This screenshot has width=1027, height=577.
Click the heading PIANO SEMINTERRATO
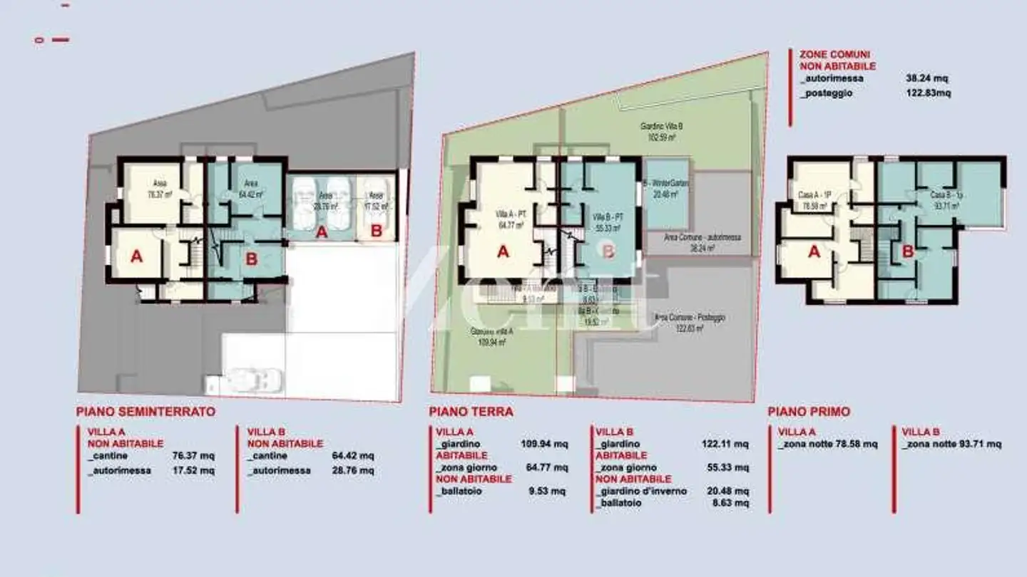pyautogui.click(x=145, y=412)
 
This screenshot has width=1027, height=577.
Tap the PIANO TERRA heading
pyautogui.click(x=471, y=412)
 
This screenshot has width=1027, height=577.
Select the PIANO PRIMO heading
pyautogui.click(x=809, y=412)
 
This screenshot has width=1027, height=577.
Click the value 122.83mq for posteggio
pyautogui.click(x=928, y=93)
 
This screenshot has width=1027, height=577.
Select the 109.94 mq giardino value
pyautogui.click(x=545, y=445)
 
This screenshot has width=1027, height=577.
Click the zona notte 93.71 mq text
pyautogui.click(x=951, y=444)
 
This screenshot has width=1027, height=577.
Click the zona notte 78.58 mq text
pyautogui.click(x=828, y=444)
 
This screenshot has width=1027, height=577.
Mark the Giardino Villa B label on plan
pyautogui.click(x=661, y=127)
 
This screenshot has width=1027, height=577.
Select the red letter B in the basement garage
pyautogui.click(x=376, y=232)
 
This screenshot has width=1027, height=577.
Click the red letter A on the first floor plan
pyautogui.click(x=814, y=251)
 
